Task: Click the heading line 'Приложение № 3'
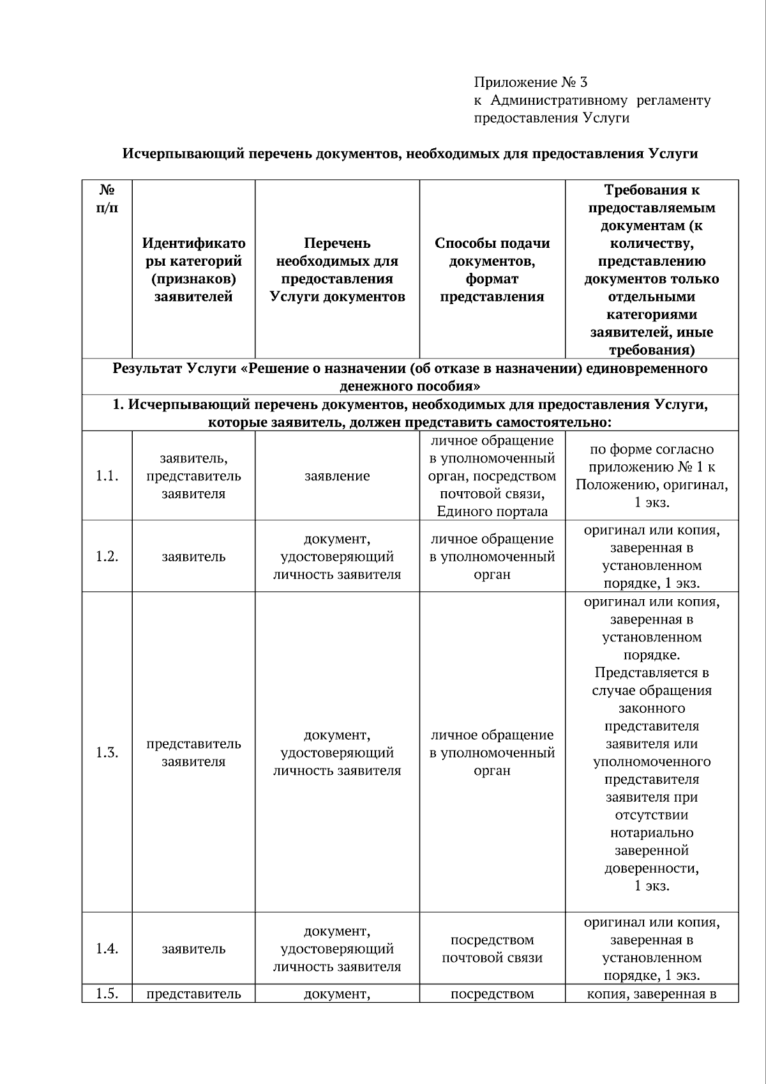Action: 530,82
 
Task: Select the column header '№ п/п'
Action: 107,199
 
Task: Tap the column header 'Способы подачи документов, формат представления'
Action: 492,270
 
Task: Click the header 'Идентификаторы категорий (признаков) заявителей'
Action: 193,270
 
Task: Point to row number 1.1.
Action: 107,476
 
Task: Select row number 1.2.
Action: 107,556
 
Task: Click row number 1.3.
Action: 107,752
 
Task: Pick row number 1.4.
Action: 107,949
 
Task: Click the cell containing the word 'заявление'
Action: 337,476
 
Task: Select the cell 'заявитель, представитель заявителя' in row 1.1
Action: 193,476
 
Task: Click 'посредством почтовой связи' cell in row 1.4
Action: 492,949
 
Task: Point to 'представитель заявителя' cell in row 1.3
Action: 193,752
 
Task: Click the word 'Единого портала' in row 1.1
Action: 492,512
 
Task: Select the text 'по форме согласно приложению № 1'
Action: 651,458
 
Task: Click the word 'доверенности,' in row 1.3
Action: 651,869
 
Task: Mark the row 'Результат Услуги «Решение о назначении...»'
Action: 410,377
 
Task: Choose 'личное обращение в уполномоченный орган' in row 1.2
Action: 492,556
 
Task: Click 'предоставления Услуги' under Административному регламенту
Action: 552,118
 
